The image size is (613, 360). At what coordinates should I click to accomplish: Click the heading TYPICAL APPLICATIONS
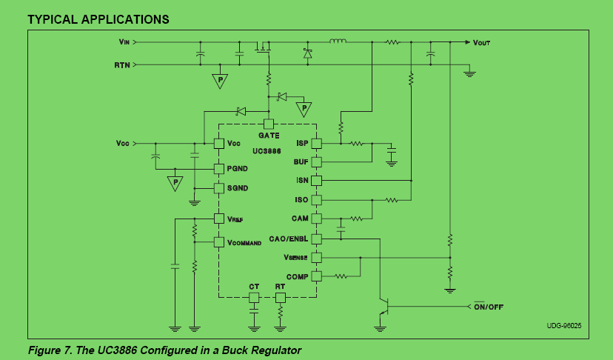coord(98,19)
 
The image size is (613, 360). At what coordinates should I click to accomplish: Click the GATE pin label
coord(269,136)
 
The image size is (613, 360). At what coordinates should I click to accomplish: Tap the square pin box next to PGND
coord(218,169)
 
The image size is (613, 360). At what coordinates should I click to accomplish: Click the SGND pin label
coord(238,188)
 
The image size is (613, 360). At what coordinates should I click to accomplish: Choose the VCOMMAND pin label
coord(244,242)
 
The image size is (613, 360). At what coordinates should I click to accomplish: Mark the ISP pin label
coord(301,143)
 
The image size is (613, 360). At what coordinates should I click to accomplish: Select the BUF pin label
coord(301,161)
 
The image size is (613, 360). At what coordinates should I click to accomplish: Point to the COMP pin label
coord(298,276)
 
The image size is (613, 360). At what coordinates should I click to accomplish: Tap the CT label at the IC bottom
coord(254,286)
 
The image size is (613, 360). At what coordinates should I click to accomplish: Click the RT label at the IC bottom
coord(280,286)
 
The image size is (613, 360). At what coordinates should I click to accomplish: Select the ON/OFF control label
coord(489,306)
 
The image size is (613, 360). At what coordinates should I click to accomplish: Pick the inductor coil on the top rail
coord(337,41)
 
